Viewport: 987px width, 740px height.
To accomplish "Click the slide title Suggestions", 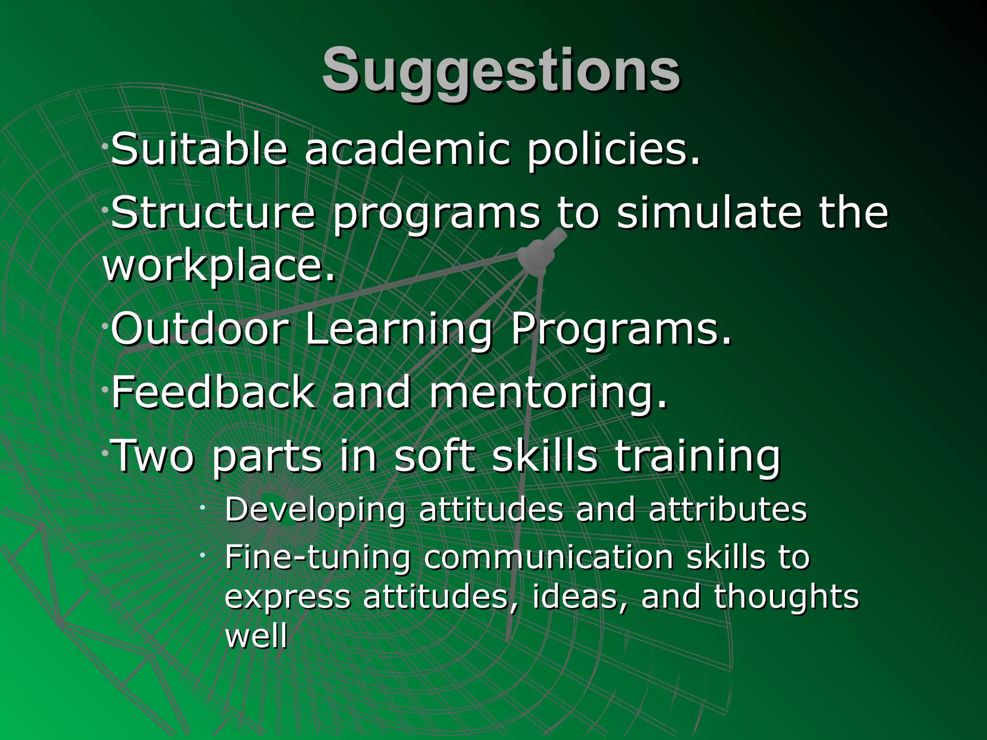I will (x=501, y=71).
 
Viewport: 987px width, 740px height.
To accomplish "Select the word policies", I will (x=613, y=150).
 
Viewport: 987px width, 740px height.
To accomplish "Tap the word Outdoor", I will (x=200, y=329).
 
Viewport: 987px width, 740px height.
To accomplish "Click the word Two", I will (x=153, y=456).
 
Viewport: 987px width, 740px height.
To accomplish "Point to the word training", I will (x=697, y=457).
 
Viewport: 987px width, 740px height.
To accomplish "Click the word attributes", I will (x=728, y=509).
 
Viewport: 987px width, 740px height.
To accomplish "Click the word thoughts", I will (x=787, y=597).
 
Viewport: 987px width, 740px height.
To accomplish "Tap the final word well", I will (x=256, y=636).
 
